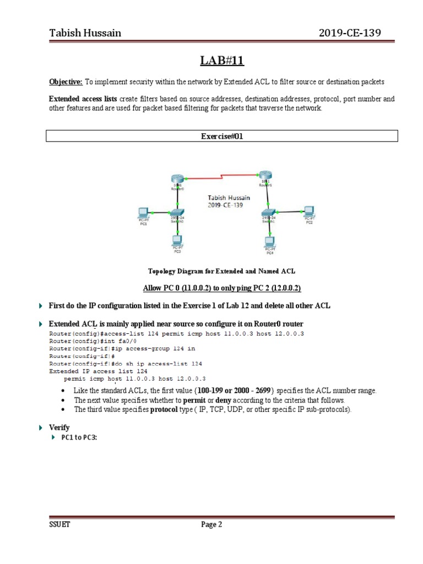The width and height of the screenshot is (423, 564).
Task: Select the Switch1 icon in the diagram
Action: click(x=269, y=213)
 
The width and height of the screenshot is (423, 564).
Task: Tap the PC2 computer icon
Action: click(x=308, y=211)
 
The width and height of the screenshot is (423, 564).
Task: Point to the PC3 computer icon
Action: click(x=177, y=241)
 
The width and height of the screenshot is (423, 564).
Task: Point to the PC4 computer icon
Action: click(x=269, y=242)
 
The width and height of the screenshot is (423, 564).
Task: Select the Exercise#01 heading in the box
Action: click(x=221, y=137)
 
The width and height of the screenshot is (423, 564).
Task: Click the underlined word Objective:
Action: click(x=66, y=82)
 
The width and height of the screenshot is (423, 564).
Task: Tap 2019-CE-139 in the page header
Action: click(x=349, y=33)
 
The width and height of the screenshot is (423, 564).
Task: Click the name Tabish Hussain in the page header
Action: click(x=85, y=33)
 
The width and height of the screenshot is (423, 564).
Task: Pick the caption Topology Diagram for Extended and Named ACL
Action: click(x=221, y=271)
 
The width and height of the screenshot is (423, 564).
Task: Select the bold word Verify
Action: click(x=59, y=427)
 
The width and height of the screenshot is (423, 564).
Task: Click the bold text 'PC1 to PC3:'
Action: click(x=79, y=438)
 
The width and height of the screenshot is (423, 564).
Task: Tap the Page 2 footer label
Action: click(x=211, y=525)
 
